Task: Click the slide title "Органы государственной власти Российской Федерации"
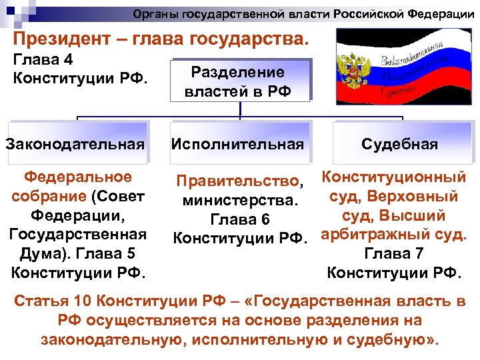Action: pyautogui.click(x=303, y=14)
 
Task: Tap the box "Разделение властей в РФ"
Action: pyautogui.click(x=238, y=81)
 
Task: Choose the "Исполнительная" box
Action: pyautogui.click(x=238, y=144)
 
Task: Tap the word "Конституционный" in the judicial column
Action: pyautogui.click(x=393, y=177)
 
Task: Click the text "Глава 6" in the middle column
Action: pyautogui.click(x=239, y=219)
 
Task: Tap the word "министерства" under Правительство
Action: pyautogui.click(x=237, y=200)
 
